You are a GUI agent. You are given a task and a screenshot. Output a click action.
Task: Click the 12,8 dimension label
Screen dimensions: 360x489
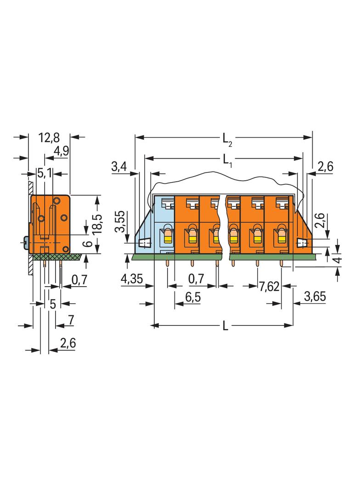point(49,138)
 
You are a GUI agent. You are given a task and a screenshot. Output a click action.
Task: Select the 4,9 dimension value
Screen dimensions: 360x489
point(61,151)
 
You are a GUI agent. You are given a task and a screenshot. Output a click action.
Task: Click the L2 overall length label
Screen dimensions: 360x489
point(227,139)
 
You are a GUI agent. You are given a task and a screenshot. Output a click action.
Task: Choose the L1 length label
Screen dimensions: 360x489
point(227,161)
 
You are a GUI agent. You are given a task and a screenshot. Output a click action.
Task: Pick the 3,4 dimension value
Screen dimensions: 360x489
point(119,167)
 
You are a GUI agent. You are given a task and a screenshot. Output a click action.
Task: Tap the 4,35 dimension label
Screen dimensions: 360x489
point(132,278)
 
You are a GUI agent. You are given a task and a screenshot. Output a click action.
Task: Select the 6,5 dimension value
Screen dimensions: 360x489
point(193,297)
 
